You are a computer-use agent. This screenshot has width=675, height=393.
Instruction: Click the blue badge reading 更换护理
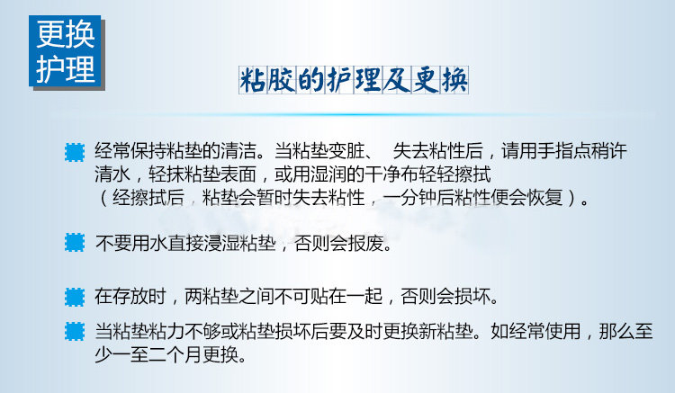(x=66, y=51)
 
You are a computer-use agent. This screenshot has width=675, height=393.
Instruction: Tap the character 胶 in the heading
(x=282, y=80)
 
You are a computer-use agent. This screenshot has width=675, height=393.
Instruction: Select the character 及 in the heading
(x=397, y=80)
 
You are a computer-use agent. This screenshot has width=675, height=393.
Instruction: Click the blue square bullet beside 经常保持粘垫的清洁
(x=75, y=152)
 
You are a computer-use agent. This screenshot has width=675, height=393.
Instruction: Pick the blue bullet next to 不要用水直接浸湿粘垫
(x=75, y=243)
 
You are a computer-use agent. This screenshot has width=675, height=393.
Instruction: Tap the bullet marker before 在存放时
(x=75, y=297)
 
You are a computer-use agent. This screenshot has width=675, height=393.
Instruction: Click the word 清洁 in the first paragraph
(x=238, y=151)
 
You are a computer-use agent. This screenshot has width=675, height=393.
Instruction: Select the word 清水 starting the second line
(x=112, y=174)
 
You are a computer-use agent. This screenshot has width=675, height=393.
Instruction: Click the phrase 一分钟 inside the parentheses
(x=409, y=197)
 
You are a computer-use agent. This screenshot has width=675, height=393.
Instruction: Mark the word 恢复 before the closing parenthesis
(x=545, y=197)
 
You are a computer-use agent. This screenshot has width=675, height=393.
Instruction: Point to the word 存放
(x=130, y=296)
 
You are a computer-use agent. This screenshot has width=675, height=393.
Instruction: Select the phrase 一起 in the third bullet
(x=365, y=296)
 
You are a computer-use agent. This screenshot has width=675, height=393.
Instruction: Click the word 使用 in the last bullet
(x=563, y=332)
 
